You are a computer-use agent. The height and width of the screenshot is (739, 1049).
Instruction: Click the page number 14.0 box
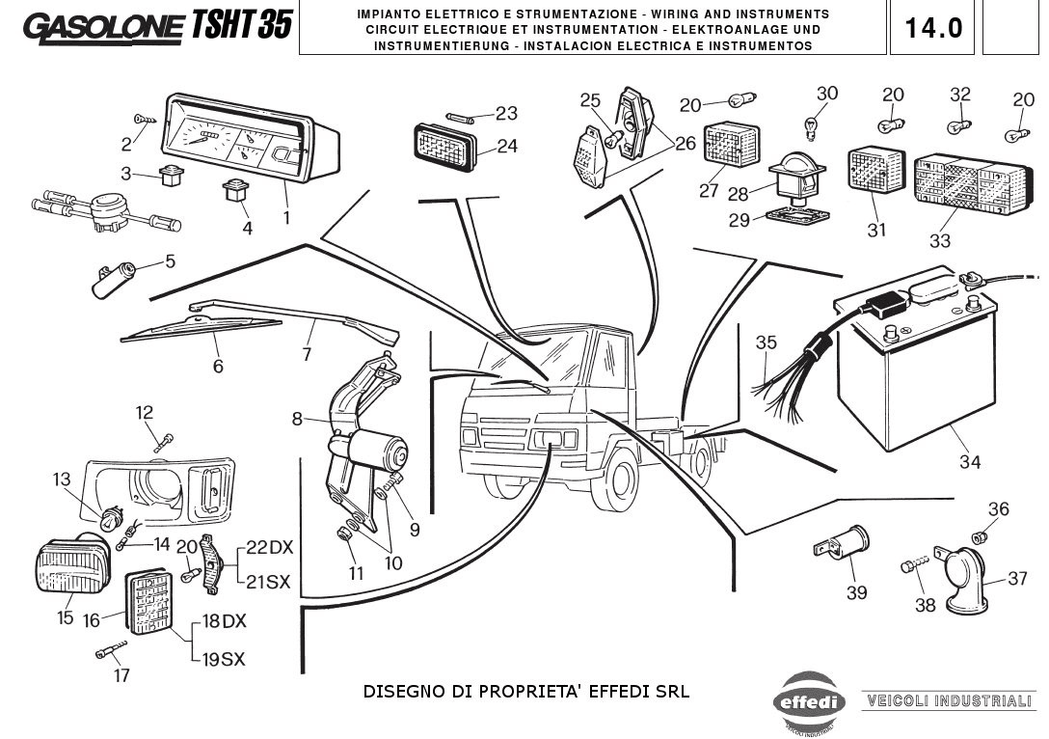[x=932, y=28]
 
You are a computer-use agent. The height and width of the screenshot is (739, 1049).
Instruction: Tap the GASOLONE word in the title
[x=101, y=29]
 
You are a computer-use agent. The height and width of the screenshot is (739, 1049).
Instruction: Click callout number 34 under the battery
[x=969, y=462]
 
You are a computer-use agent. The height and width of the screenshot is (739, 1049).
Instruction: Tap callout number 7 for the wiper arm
[x=307, y=354]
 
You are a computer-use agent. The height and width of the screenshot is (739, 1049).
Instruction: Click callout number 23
[x=506, y=113]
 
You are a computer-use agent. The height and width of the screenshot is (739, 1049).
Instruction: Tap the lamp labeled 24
[x=445, y=148]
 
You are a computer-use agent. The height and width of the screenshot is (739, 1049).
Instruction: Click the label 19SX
[x=223, y=659]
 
